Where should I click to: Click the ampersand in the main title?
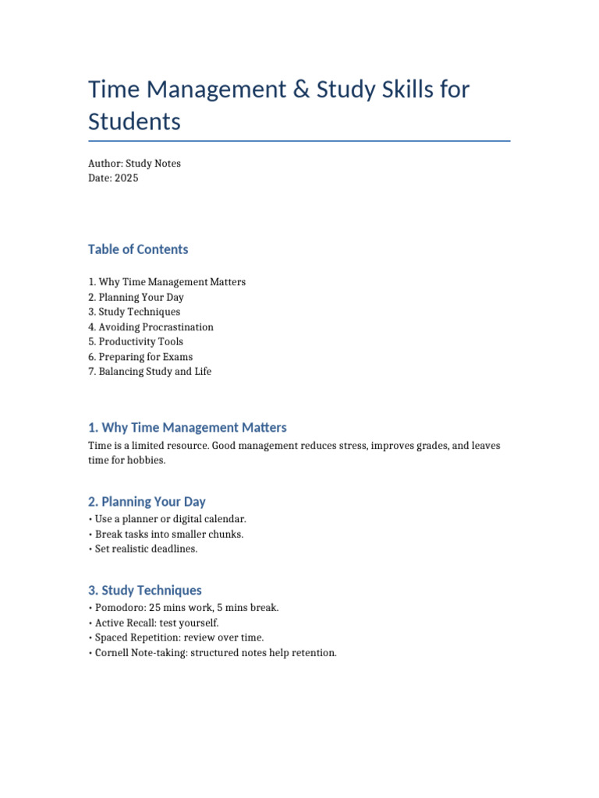tap(301, 90)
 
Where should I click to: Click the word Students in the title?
tap(134, 122)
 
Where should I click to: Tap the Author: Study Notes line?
tap(134, 164)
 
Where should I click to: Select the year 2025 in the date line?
tap(126, 178)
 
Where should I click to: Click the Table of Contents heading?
tap(138, 249)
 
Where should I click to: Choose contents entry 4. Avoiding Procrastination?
tap(151, 327)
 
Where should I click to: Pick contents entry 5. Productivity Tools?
tap(136, 342)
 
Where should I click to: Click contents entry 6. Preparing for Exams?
tap(140, 357)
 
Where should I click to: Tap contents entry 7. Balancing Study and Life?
tap(150, 372)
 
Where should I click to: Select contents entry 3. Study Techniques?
tap(134, 312)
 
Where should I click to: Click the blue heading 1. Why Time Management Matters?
tap(187, 428)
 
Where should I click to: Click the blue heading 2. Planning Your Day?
tap(147, 502)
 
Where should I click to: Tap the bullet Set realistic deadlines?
tap(144, 549)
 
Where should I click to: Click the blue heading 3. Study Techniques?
tap(145, 591)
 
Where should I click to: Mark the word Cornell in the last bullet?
tap(112, 653)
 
